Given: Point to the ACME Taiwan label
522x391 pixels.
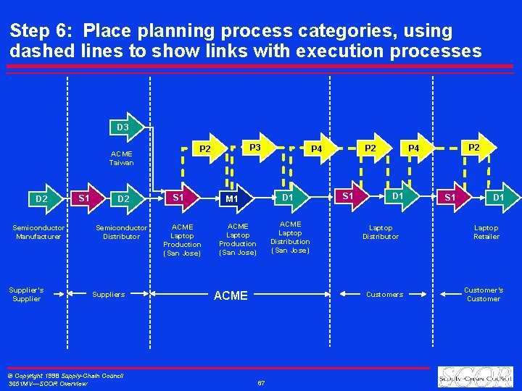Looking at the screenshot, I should [x=122, y=158].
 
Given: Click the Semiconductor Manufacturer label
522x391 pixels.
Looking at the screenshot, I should [x=38, y=232].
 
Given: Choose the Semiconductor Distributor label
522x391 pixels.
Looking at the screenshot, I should [x=121, y=232].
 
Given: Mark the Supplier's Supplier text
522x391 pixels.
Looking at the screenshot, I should [x=26, y=294].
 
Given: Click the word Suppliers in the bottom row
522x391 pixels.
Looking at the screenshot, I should [x=109, y=295].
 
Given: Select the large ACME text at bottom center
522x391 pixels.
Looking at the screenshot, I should [x=231, y=295].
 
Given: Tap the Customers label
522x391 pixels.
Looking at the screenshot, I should [x=384, y=295].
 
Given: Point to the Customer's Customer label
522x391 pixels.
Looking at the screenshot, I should [x=484, y=294].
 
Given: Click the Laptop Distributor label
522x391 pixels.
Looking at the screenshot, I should [x=381, y=232].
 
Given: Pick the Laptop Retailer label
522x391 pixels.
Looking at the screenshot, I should [x=486, y=232].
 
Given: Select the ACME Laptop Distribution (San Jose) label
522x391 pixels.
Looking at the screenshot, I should [x=290, y=237].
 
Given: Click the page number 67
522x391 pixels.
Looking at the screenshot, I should [x=261, y=382].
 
